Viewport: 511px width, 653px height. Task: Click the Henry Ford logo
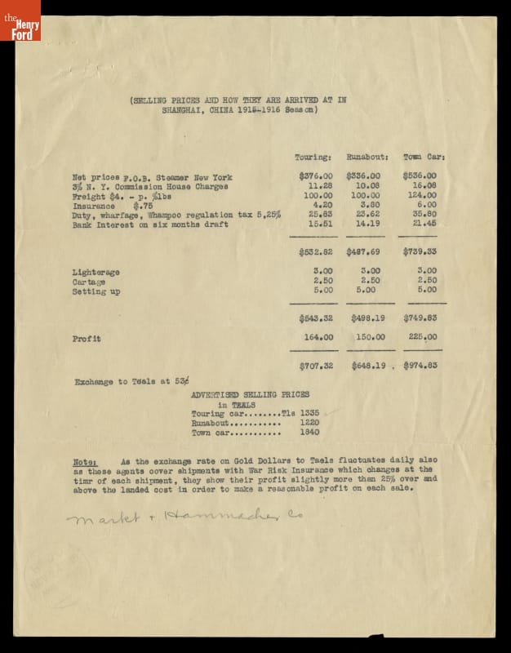point(20,20)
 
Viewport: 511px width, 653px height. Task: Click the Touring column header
point(313,156)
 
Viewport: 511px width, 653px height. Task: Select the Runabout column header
point(367,156)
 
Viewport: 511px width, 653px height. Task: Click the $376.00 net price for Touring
point(316,175)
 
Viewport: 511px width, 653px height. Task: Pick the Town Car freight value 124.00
point(420,196)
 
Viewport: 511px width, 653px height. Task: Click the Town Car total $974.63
point(420,366)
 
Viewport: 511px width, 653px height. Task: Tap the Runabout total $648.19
point(367,366)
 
